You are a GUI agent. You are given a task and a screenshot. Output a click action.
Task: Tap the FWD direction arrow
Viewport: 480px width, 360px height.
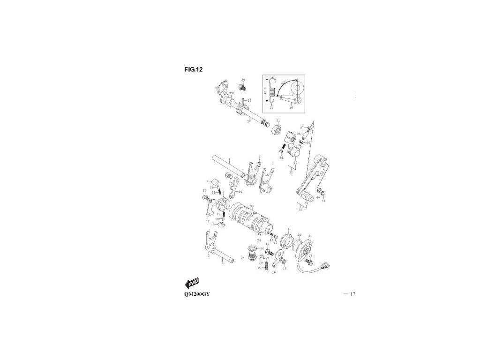(192, 283)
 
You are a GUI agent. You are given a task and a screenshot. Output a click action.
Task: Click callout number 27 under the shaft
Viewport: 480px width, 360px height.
(249, 121)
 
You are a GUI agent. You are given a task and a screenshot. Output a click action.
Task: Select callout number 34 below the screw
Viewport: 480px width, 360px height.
(281, 158)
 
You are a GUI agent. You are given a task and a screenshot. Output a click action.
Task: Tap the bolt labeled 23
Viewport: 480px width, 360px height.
(308, 260)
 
